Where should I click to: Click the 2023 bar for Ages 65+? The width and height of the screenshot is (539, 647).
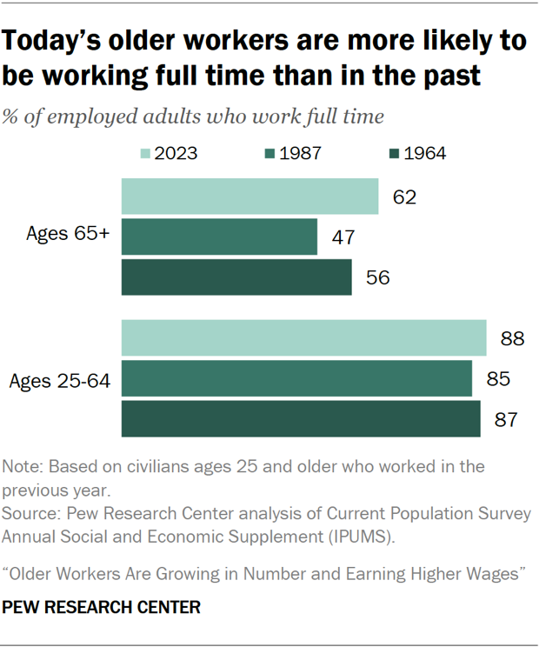coord(250,197)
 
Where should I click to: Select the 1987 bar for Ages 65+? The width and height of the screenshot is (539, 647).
coord(219,237)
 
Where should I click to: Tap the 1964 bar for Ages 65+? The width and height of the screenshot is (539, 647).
coord(236,277)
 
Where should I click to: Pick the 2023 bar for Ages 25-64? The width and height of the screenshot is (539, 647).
coord(303,338)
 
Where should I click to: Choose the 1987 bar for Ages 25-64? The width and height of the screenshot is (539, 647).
coord(296,378)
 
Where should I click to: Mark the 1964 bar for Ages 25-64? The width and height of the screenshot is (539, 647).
coord(301,419)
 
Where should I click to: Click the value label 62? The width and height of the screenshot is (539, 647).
coord(404,197)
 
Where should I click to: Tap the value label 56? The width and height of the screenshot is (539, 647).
coord(378,278)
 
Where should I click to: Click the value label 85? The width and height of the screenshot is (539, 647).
coord(498,379)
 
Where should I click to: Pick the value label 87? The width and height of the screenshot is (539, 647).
coord(506,420)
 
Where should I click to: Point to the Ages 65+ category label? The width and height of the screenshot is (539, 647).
coord(67,237)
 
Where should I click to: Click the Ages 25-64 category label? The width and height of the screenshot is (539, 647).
coord(59,379)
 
